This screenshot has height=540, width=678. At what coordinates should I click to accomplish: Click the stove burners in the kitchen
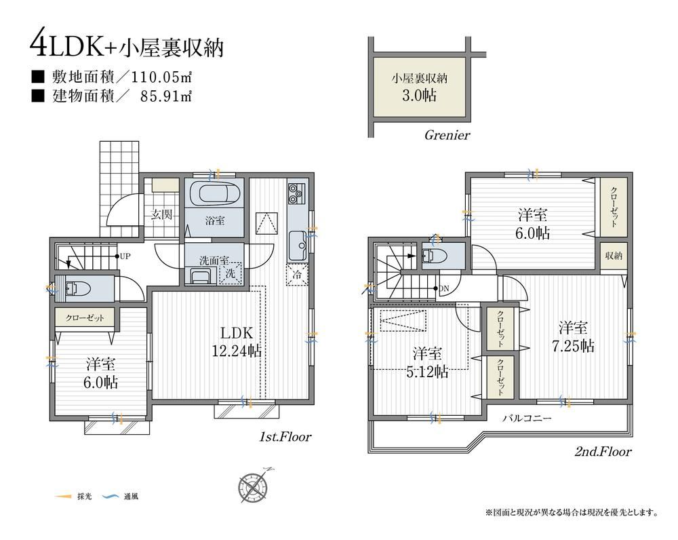(296, 193)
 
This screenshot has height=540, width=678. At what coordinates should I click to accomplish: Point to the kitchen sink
(298, 246)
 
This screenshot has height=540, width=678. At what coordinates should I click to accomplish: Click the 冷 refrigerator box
(297, 275)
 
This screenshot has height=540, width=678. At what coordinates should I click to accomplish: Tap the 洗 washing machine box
(231, 273)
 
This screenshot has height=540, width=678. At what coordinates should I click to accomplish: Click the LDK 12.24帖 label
(237, 342)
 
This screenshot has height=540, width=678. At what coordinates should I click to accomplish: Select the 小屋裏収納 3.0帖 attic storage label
(419, 88)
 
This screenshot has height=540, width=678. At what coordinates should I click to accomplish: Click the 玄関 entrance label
(161, 214)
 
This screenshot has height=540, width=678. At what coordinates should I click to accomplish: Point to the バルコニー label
(526, 419)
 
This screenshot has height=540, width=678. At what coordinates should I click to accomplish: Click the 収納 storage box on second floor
(613, 256)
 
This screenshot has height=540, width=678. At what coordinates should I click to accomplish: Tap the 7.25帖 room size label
(573, 346)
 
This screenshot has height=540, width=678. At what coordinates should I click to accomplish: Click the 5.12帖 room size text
(426, 372)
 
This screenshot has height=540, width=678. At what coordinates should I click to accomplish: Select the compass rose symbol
(254, 487)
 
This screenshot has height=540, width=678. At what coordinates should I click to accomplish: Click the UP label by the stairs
(125, 256)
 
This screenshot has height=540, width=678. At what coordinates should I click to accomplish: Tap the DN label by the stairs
(444, 288)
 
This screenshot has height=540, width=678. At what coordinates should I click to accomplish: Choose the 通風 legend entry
(121, 497)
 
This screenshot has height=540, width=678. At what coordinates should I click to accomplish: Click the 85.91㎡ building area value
(166, 96)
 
